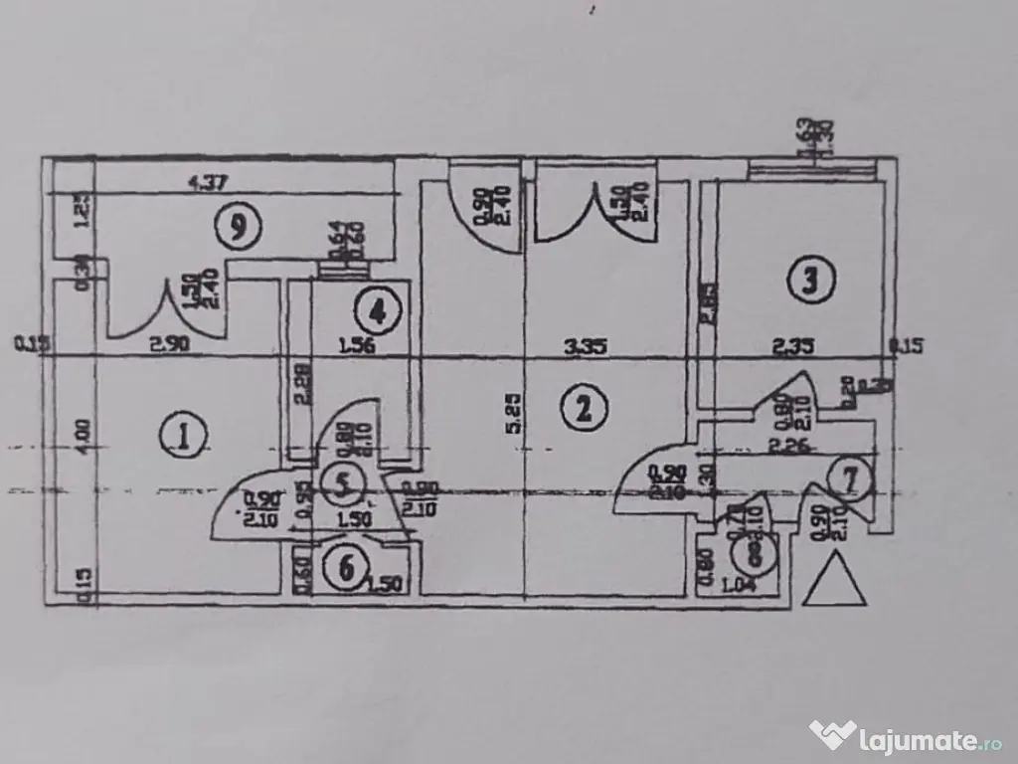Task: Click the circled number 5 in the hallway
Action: tap(343, 486)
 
